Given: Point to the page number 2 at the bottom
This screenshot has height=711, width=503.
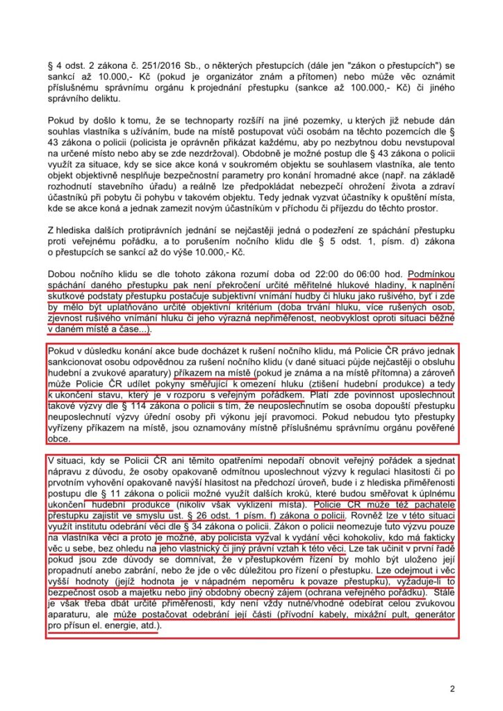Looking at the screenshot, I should pyautogui.click(x=452, y=689).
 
